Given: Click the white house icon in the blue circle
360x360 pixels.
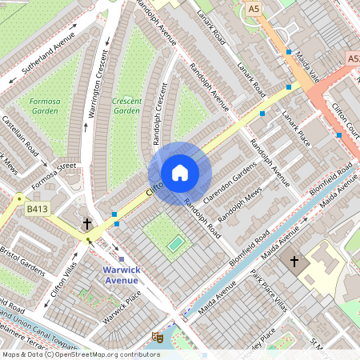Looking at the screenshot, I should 180,172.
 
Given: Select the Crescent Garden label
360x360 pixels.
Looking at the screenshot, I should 126,106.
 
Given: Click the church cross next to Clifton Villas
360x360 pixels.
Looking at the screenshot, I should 87,225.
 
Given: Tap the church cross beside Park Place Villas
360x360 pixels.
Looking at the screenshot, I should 294,261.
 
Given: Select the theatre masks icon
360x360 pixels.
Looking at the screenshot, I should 158,338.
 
